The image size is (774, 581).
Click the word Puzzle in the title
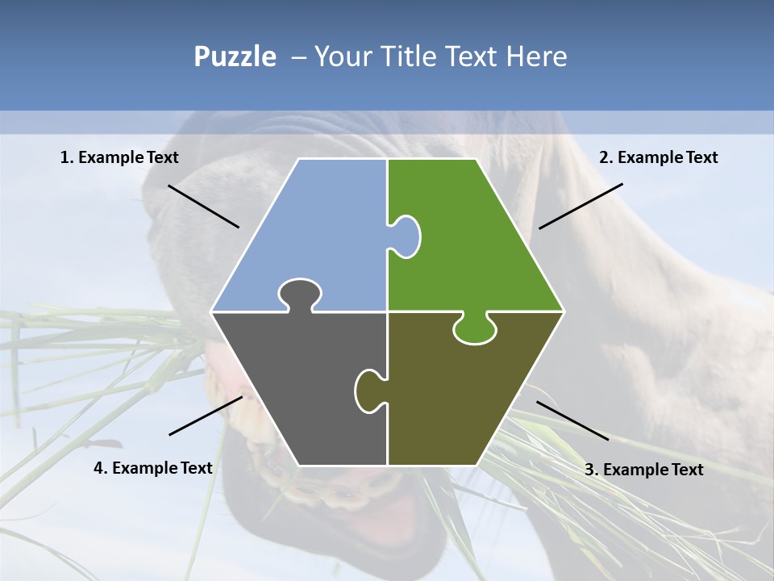[x=235, y=56]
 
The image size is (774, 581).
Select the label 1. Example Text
[x=119, y=157]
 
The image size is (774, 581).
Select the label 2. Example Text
[x=658, y=157]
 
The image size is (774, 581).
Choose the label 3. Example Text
[x=643, y=470]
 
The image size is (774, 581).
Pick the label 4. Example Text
[x=152, y=468]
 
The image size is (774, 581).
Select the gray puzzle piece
[x=298, y=387]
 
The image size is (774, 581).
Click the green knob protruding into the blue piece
[x=407, y=236]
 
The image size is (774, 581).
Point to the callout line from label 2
[x=580, y=206]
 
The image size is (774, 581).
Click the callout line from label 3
[x=572, y=420]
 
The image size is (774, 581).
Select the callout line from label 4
[x=206, y=416]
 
